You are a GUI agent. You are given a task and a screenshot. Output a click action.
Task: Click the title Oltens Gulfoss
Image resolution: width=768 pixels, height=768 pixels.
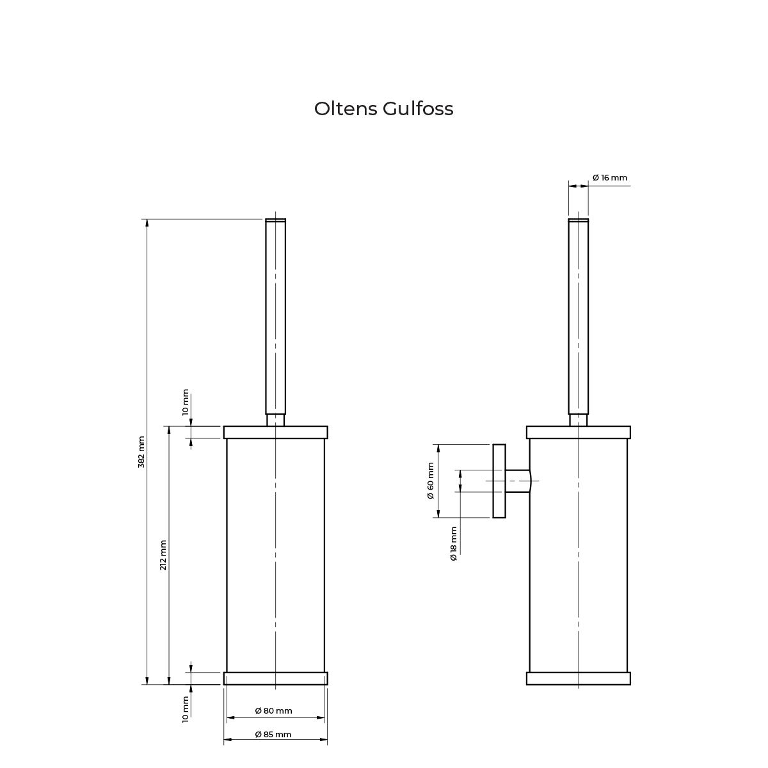383,109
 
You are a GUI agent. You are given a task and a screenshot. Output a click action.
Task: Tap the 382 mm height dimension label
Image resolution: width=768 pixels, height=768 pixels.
141,452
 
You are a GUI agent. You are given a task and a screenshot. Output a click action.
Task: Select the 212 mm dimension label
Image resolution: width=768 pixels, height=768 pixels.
163,555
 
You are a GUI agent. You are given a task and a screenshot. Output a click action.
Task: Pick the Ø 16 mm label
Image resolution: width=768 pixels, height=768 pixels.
610,178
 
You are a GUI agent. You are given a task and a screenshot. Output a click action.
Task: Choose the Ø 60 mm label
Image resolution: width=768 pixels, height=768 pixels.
431,481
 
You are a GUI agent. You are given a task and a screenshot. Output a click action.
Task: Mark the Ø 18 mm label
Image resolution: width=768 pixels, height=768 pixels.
454,543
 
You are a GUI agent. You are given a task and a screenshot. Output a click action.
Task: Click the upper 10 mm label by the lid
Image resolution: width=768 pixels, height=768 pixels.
186,402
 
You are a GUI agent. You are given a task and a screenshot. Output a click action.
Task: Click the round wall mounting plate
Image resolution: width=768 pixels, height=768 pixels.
499,481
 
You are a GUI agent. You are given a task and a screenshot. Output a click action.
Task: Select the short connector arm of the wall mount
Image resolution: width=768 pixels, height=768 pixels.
518,481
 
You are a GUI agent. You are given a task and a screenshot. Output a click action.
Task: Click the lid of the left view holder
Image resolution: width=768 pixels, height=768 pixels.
275,433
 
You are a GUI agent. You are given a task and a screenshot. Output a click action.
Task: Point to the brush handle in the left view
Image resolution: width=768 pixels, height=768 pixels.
275,316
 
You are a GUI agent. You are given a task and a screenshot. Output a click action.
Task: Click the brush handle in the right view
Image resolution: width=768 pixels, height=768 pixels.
579,316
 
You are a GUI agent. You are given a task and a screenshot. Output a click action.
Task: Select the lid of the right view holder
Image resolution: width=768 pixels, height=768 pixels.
579,433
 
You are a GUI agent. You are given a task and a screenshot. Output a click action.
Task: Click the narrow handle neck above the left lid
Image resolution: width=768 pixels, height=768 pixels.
275,420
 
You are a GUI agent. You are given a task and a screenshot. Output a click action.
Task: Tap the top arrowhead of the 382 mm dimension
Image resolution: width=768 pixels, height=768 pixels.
147,223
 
